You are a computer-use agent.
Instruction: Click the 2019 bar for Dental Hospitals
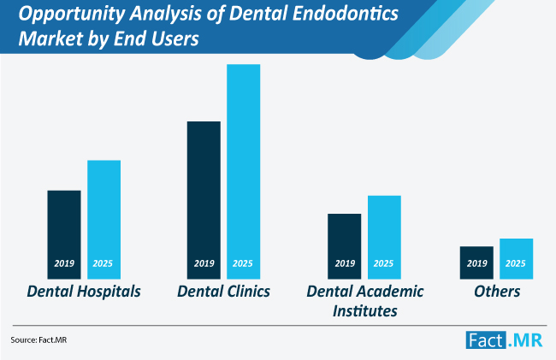point(64,234)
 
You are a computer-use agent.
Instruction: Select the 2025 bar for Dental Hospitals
point(104,219)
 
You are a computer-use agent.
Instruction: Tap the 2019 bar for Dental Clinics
point(204,200)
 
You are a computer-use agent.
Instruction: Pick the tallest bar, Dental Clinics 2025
point(244,172)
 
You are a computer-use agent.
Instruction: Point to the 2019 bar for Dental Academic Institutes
point(345,246)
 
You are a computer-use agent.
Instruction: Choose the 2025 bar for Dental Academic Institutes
point(384,237)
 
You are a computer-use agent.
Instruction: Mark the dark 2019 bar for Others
point(476,263)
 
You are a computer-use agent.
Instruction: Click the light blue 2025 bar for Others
point(517,258)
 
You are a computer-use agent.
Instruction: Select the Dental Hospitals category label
point(84,292)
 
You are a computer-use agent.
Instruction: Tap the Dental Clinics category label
point(224,292)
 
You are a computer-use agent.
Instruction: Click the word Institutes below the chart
point(365,311)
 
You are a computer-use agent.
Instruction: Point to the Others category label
point(497,292)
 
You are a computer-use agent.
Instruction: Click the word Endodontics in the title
point(350,14)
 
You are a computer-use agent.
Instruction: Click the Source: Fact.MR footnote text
point(38,339)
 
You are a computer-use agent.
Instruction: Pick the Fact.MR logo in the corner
point(504,340)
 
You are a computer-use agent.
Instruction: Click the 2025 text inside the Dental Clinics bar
point(243,263)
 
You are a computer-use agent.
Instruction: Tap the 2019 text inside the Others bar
point(477,263)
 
